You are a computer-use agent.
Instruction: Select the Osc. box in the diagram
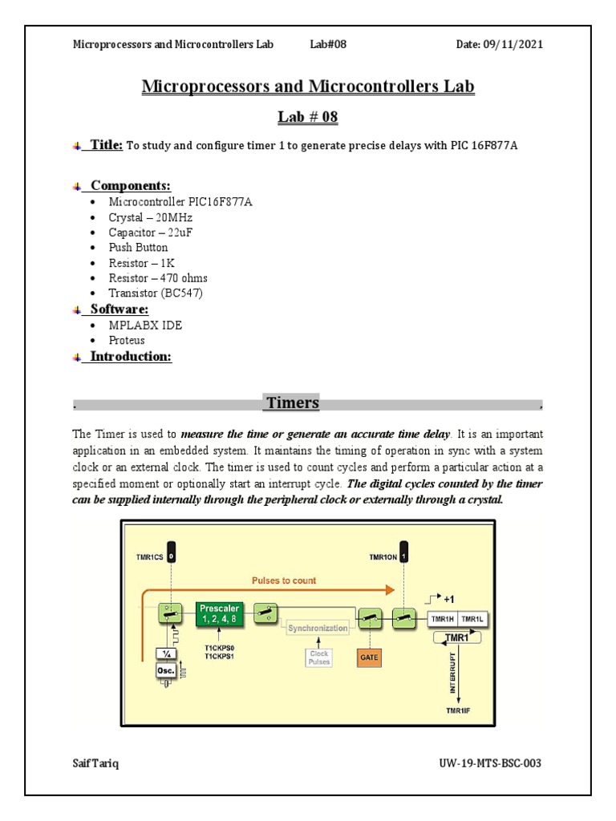(x=165, y=673)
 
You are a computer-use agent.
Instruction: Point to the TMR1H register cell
(x=443, y=619)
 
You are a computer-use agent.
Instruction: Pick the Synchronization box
(x=318, y=629)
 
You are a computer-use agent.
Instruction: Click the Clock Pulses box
(x=319, y=657)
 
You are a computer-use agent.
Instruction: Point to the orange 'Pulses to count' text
(x=284, y=580)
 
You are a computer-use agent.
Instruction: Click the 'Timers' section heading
(x=293, y=402)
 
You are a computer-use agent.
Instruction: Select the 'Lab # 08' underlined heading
(x=308, y=118)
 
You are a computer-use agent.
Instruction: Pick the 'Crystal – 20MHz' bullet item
(x=151, y=217)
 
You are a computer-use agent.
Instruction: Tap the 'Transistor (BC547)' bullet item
(x=156, y=293)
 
